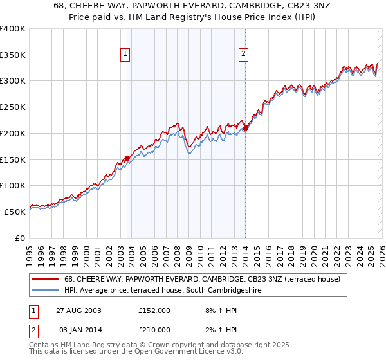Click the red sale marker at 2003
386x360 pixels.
pyautogui.click(x=127, y=158)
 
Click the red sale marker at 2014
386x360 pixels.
pyautogui.click(x=245, y=128)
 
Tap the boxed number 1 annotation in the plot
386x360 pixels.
pyautogui.click(x=124, y=55)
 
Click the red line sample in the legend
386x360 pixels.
pyautogui.click(x=46, y=279)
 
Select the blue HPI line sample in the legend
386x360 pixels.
pyautogui.click(x=46, y=290)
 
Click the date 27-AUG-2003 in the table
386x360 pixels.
pyautogui.click(x=78, y=310)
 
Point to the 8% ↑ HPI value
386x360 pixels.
pyautogui.click(x=217, y=310)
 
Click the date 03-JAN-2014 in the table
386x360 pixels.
pyautogui.click(x=78, y=329)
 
